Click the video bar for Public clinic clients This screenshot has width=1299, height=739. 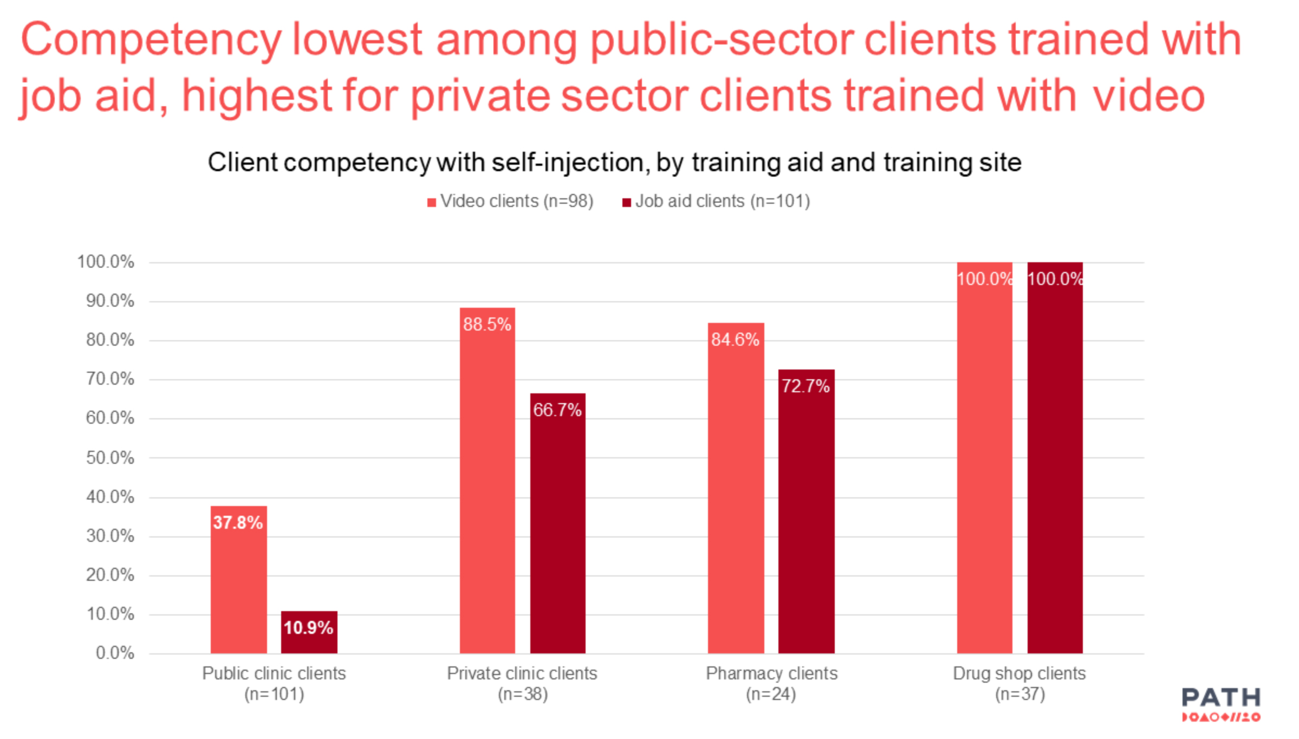238,580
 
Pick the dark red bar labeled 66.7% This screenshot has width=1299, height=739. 557,523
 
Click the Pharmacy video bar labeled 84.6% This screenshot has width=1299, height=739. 736,488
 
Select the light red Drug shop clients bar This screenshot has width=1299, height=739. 984,458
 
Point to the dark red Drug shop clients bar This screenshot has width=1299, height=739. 1055,458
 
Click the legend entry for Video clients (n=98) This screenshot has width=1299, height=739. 511,202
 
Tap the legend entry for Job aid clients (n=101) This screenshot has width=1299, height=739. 716,202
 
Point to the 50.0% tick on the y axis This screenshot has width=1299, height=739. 110,458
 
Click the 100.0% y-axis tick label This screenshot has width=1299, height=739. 106,262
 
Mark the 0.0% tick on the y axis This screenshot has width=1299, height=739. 115,653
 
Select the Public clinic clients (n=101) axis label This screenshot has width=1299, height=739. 274,683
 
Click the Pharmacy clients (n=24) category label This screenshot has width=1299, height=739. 771,683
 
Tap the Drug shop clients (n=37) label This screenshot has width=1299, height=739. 1019,683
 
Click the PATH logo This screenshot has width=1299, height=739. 1221,704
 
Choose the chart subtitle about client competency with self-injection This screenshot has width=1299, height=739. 614,163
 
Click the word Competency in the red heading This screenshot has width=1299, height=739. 151,40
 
